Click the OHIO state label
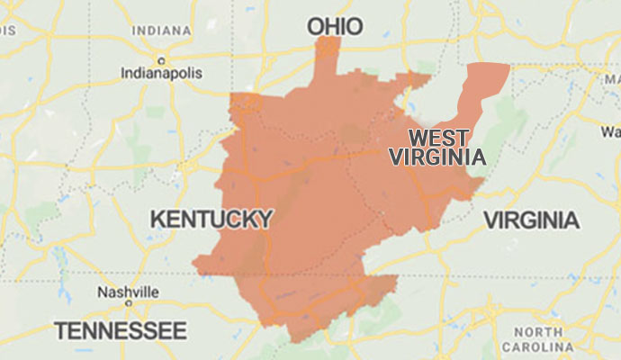click(335, 27)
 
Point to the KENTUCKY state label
click(211, 219)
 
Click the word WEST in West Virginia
click(438, 139)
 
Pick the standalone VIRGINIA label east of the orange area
click(531, 220)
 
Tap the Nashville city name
click(130, 292)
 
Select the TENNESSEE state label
click(120, 329)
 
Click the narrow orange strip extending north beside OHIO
click(327, 63)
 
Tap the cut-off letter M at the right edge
click(616, 78)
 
